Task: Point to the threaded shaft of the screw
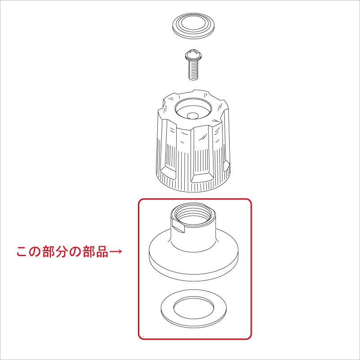pyautogui.click(x=193, y=69)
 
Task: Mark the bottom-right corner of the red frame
pyautogui.click(x=250, y=338)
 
